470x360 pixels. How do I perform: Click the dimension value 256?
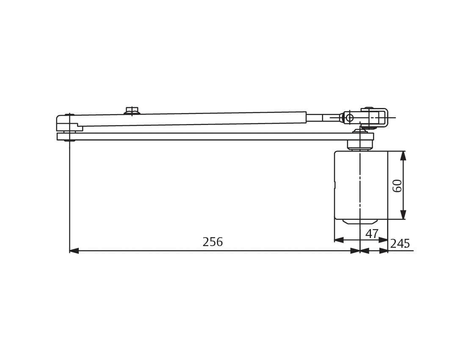click(213, 242)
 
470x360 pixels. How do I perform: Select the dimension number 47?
click(372, 234)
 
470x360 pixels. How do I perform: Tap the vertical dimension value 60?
click(397, 186)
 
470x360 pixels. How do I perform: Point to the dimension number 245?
click(400, 244)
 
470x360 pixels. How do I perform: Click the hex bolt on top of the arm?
click(132, 111)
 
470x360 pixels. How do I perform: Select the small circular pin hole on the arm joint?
click(349, 118)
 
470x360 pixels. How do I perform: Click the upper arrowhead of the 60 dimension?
click(403, 155)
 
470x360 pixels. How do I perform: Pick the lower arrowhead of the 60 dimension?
click(403, 215)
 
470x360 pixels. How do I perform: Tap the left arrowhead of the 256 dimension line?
click(74, 251)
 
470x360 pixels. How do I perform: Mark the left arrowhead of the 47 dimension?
click(339, 240)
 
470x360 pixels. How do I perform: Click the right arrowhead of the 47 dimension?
click(383, 240)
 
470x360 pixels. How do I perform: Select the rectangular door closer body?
click(361, 185)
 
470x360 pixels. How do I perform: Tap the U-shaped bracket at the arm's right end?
click(374, 118)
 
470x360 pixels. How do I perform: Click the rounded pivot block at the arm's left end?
click(66, 123)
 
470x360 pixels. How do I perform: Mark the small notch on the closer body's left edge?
click(335, 185)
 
